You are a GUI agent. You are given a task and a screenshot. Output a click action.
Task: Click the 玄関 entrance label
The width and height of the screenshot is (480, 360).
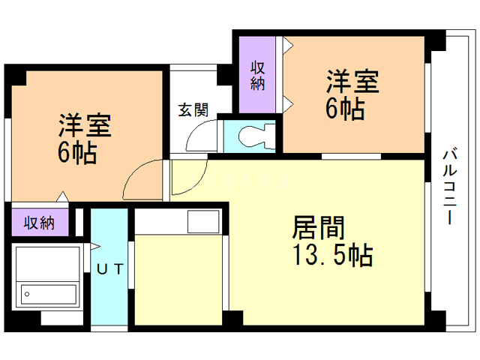193,110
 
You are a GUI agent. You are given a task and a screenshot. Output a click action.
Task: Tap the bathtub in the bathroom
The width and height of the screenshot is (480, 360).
49,293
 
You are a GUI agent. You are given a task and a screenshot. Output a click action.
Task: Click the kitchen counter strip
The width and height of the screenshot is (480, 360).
160,223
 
